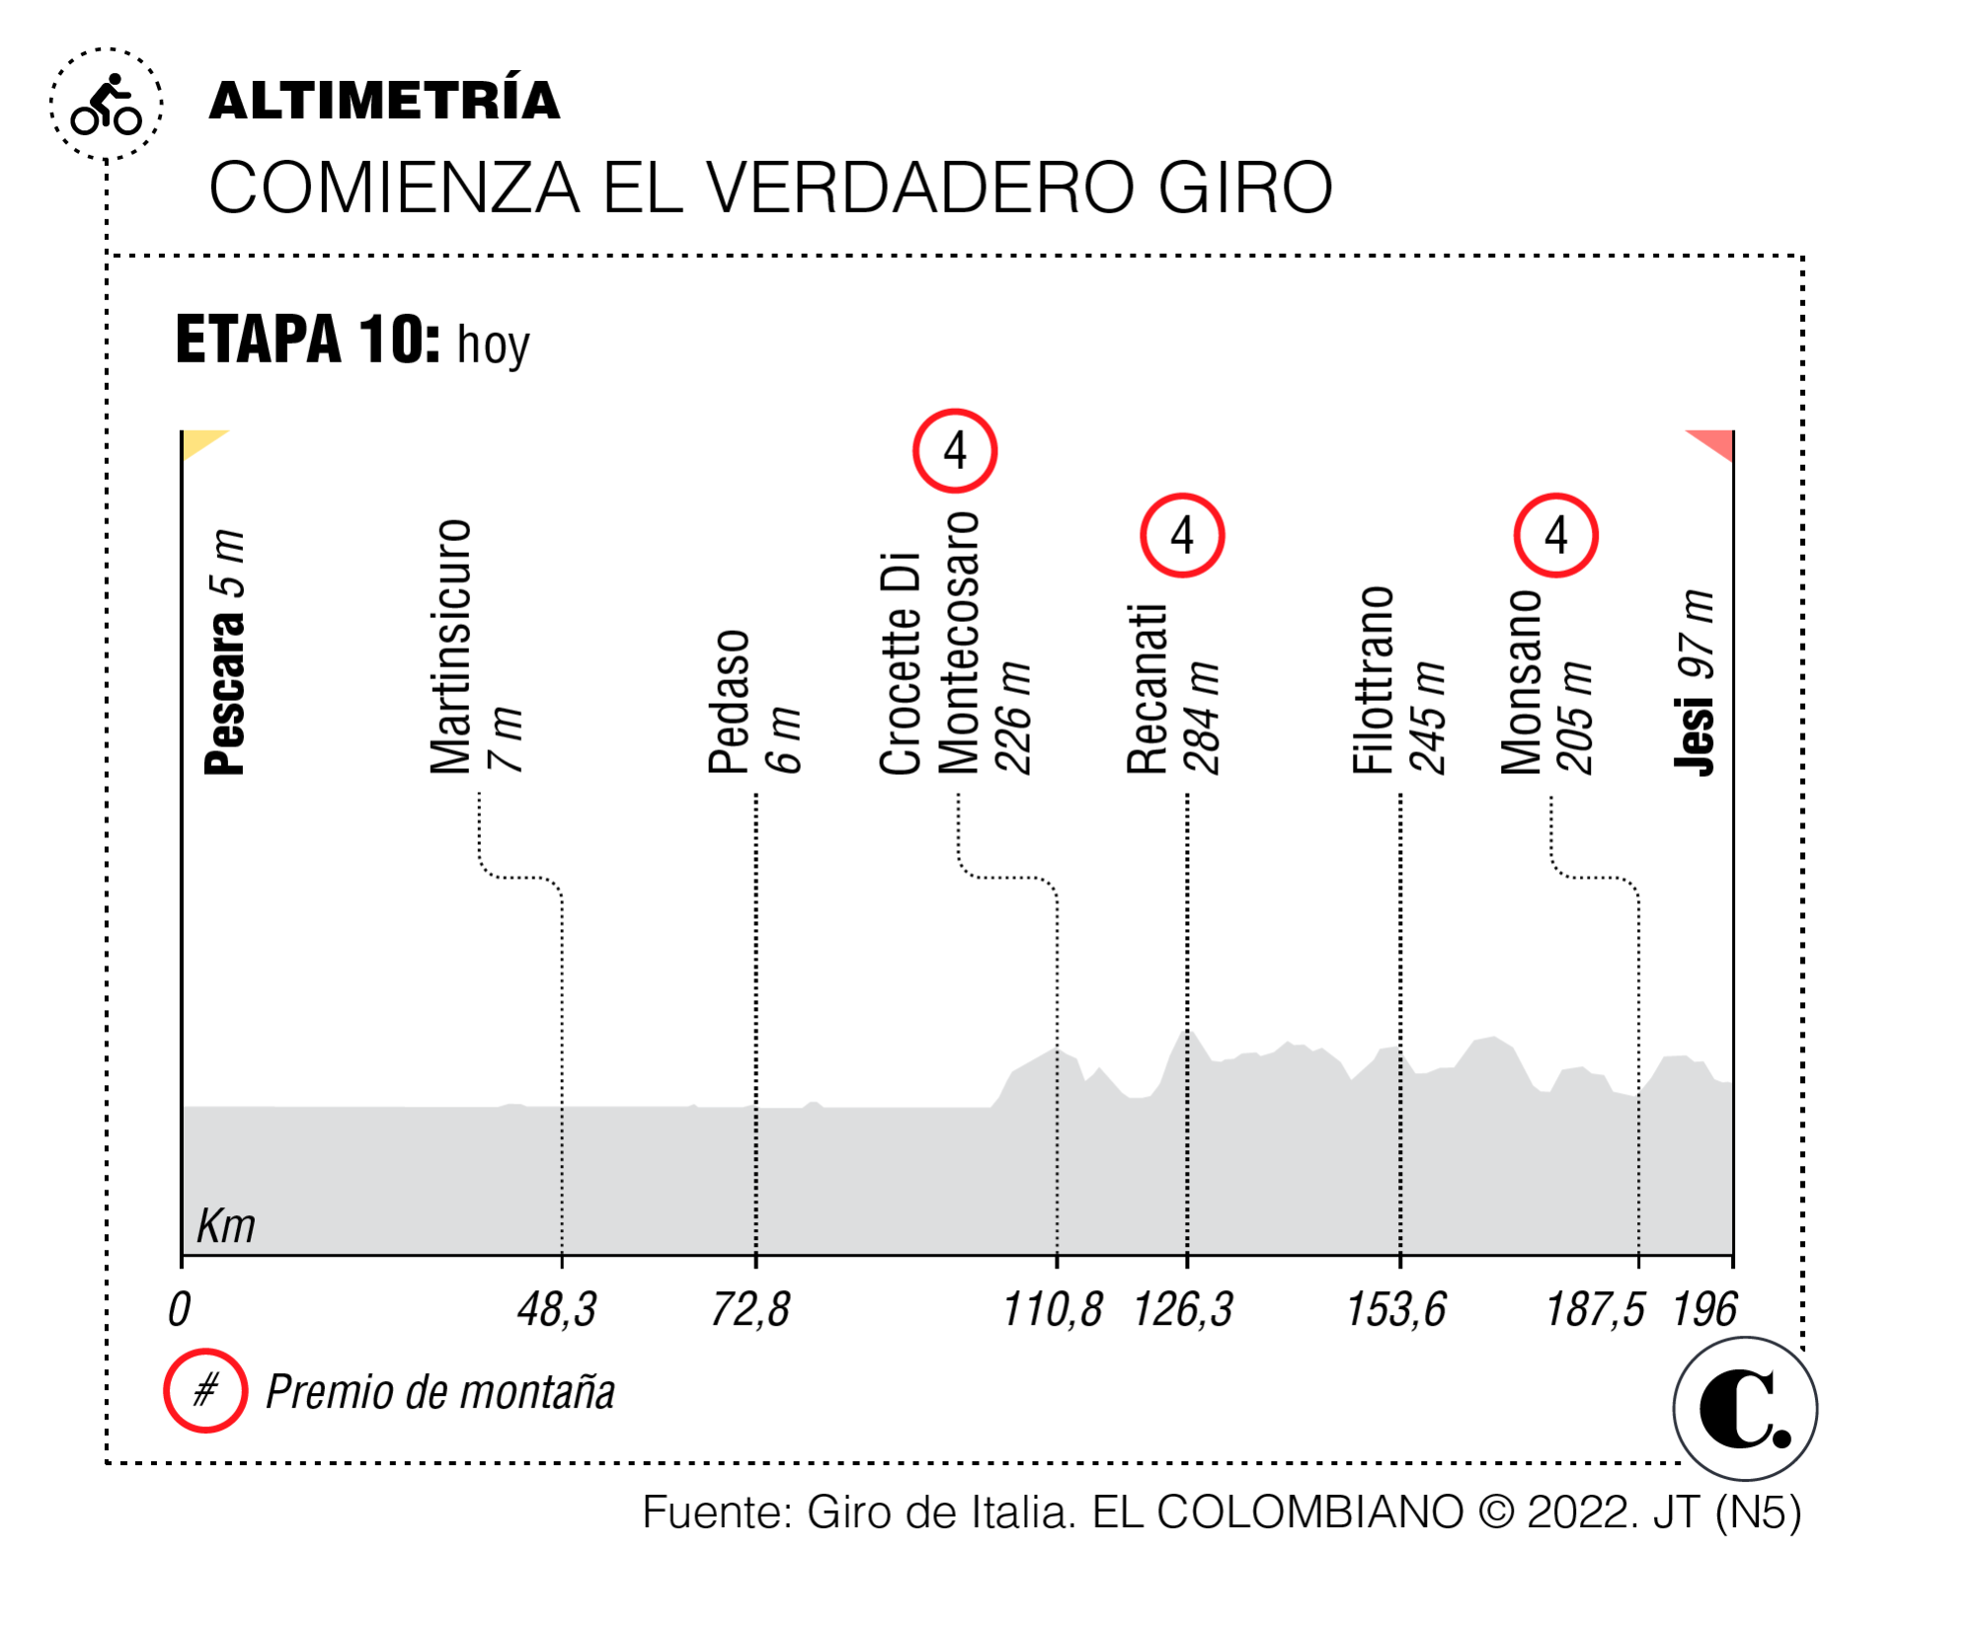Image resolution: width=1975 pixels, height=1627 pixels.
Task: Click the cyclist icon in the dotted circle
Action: [x=107, y=105]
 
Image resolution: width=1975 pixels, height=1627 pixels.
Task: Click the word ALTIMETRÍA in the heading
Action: [x=384, y=101]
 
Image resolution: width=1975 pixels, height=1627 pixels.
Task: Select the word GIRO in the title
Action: [x=1245, y=188]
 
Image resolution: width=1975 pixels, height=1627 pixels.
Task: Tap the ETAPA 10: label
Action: [x=307, y=340]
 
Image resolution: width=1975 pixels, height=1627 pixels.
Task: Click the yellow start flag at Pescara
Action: [x=202, y=443]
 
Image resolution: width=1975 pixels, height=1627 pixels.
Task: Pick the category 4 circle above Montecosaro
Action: [x=955, y=451]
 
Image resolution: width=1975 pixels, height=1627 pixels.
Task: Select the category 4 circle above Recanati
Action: [x=1182, y=536]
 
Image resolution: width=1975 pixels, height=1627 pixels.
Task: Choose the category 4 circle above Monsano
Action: [x=1556, y=536]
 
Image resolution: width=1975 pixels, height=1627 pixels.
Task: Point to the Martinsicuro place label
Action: [x=450, y=647]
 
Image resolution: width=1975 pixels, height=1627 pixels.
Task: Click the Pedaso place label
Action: [x=730, y=702]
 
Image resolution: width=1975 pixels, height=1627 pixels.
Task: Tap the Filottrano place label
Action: [x=1374, y=680]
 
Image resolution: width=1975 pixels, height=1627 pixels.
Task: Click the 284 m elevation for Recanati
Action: [x=1204, y=718]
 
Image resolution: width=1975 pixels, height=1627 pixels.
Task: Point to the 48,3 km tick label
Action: [x=557, y=1310]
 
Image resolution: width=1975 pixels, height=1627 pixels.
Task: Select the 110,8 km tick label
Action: [x=1053, y=1310]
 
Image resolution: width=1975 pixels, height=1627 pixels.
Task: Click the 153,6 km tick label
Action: [x=1396, y=1310]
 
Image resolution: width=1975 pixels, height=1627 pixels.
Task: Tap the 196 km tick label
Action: [x=1704, y=1310]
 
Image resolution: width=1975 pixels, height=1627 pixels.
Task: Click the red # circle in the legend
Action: [x=205, y=1391]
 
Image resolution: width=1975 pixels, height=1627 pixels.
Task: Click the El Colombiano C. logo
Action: [x=1745, y=1409]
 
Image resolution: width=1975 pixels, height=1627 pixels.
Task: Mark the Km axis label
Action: [x=226, y=1226]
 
